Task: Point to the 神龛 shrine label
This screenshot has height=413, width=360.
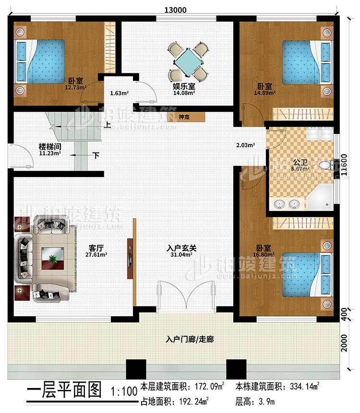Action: (183, 117)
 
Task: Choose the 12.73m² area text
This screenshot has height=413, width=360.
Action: (76, 88)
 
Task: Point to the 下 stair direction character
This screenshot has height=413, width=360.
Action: (97, 155)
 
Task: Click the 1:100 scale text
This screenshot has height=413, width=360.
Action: (123, 391)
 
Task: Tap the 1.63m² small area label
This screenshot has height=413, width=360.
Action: (119, 94)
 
